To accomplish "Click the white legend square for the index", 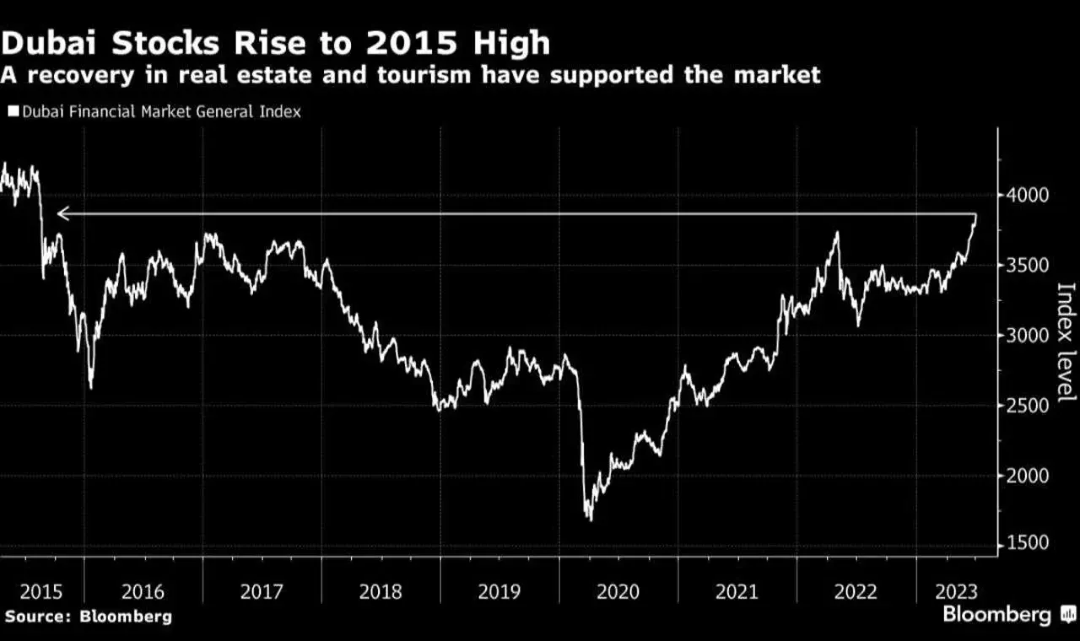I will pyautogui.click(x=13, y=111).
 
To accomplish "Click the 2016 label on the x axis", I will pyautogui.click(x=143, y=592).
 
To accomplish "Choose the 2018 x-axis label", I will pyautogui.click(x=381, y=592).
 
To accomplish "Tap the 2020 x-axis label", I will pyautogui.click(x=618, y=592).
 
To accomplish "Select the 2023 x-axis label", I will pyautogui.click(x=946, y=592).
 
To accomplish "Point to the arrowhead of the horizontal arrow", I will pyautogui.click(x=59, y=215).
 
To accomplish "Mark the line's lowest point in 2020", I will pyautogui.click(x=589, y=520).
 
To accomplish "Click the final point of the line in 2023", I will pyautogui.click(x=976, y=218).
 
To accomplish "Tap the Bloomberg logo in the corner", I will pyautogui.click(x=1004, y=615).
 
